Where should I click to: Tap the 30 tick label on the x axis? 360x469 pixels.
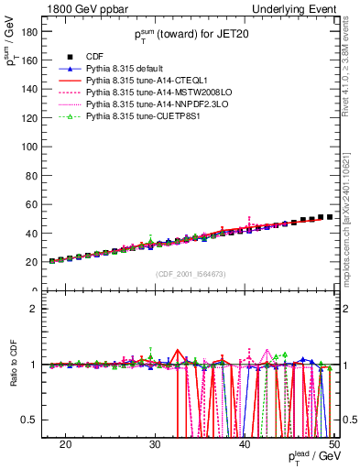(x=155, y=442)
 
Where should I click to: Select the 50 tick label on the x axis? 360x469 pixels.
(x=334, y=442)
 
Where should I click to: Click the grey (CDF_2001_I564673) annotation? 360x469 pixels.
(x=191, y=273)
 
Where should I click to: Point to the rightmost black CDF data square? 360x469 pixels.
(x=330, y=217)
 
